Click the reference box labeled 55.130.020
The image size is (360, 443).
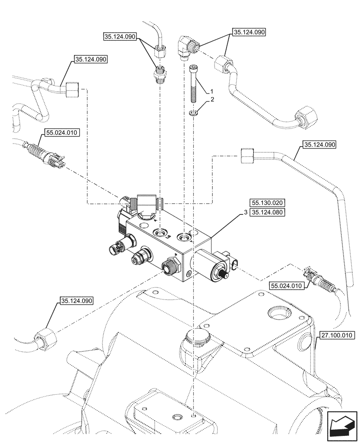(266, 202)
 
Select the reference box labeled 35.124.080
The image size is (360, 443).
(266, 212)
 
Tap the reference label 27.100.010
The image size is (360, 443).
(336, 335)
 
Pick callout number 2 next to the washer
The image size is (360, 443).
(212, 100)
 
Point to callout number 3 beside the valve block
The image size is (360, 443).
(244, 213)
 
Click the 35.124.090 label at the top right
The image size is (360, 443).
(248, 32)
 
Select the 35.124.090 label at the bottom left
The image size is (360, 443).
(75, 301)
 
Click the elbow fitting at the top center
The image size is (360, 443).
(185, 46)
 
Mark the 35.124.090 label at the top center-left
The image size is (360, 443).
(121, 37)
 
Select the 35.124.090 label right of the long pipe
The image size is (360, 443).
(320, 144)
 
